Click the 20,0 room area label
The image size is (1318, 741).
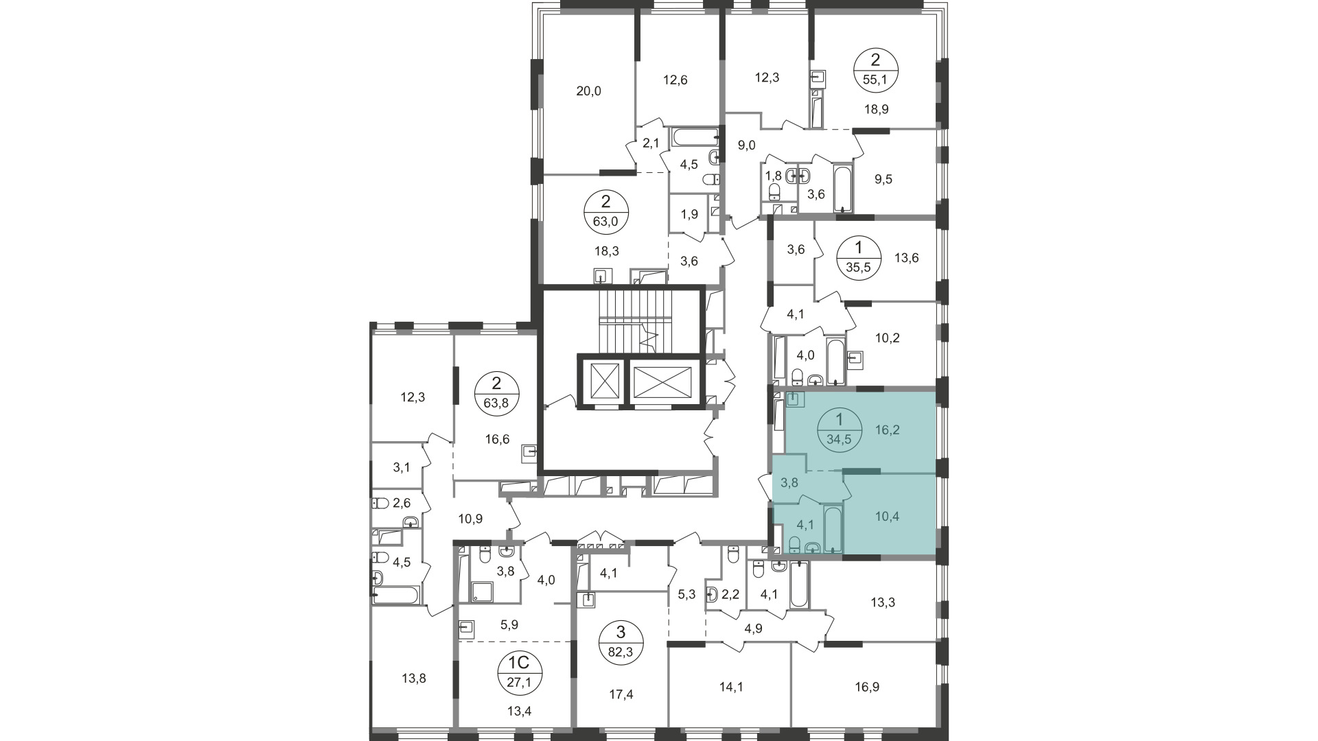tap(588, 91)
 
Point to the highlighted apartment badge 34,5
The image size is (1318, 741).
tap(838, 429)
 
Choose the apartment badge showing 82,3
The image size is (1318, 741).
tap(621, 642)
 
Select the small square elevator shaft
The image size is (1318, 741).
tap(601, 381)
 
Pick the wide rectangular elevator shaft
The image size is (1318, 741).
tap(663, 381)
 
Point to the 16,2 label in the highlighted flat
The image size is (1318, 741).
tap(887, 430)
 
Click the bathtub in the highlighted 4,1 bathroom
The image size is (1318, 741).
tap(833, 529)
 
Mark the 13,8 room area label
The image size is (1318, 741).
tap(413, 679)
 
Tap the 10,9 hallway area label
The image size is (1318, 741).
tap(470, 519)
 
